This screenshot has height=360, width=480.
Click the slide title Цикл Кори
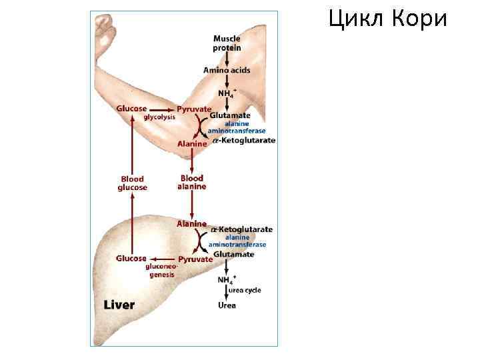click(x=387, y=20)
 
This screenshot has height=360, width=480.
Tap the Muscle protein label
click(x=227, y=43)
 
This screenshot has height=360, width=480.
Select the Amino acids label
click(x=226, y=70)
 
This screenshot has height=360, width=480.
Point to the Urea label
click(x=227, y=305)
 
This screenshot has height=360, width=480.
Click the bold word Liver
click(x=119, y=305)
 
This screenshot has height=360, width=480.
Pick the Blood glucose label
click(x=132, y=183)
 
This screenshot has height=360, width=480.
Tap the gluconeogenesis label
click(x=161, y=270)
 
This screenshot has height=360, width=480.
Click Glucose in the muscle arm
click(x=132, y=109)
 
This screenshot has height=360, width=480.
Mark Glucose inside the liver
click(x=131, y=258)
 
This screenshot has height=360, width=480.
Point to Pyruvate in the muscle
click(x=194, y=109)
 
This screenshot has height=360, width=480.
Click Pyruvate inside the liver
click(x=195, y=259)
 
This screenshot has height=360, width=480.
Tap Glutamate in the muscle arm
click(x=230, y=115)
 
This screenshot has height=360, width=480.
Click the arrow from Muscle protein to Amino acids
click(x=227, y=59)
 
